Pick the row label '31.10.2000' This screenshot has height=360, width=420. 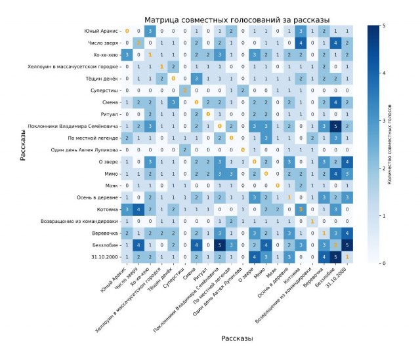click(106, 257)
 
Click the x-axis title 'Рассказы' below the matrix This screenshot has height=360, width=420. click(237, 338)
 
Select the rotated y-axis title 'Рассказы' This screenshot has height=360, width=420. click(22, 143)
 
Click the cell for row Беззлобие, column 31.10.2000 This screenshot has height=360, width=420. click(347, 245)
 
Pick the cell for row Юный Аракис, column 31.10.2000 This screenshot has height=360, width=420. click(347, 31)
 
